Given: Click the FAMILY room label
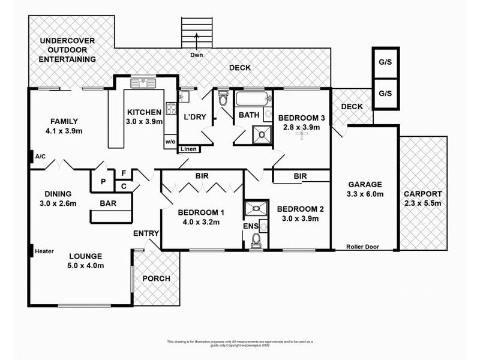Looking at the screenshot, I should coord(64,120).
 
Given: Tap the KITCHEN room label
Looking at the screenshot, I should coord(143,112).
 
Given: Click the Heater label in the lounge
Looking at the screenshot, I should coord(45,251).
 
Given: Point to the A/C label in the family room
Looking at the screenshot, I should coord(41,157).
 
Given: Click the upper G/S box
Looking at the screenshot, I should coord(385,62).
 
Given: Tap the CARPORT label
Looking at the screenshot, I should coord(423,194).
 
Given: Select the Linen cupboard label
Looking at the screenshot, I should coord(188,149).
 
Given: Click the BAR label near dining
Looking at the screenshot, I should coord(109,203).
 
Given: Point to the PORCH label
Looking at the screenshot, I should coord(156,278).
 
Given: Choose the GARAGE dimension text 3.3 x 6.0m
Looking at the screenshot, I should coord(364,194).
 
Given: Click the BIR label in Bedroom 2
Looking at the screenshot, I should coord(301,176).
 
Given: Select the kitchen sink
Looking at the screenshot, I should coord(143,83).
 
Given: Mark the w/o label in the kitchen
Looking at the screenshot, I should coord(170,142).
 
